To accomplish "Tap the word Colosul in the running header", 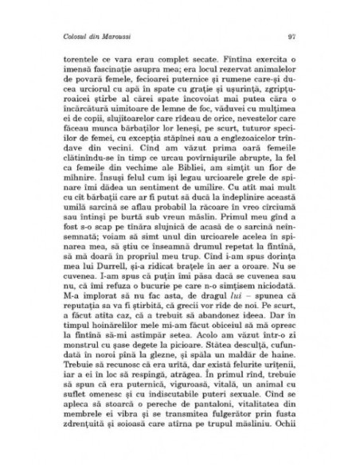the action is tap(73, 37).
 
